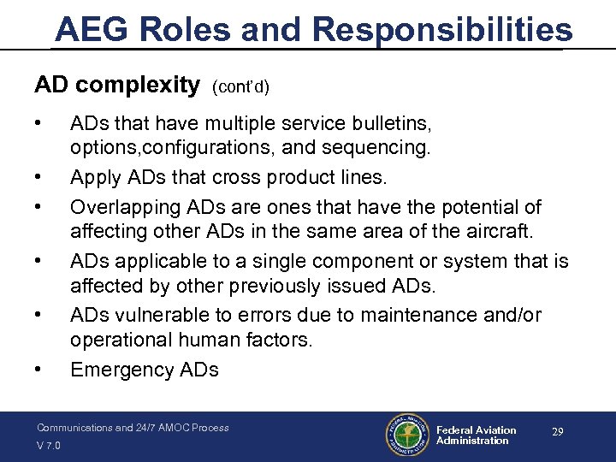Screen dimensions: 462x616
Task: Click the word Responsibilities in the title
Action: [442, 29]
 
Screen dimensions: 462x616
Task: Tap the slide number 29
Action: [557, 433]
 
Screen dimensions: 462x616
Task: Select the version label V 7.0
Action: [49, 445]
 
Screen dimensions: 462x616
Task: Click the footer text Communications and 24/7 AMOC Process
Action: [133, 427]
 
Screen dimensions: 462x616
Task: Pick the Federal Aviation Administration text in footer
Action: [476, 435]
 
